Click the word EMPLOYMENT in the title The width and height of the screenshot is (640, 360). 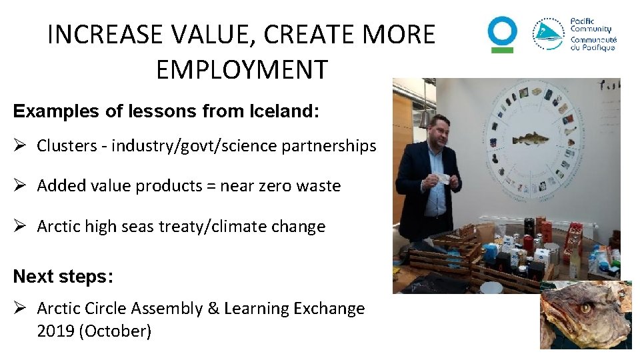click(x=241, y=69)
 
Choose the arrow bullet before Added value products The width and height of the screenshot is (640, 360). click(x=21, y=186)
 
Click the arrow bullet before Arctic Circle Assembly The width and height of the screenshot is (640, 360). click(x=21, y=309)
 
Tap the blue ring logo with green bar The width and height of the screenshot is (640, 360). click(x=502, y=34)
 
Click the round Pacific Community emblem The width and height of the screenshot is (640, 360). click(x=548, y=35)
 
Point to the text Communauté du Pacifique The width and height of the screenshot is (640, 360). click(x=593, y=43)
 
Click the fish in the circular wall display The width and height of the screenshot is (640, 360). click(x=530, y=139)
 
